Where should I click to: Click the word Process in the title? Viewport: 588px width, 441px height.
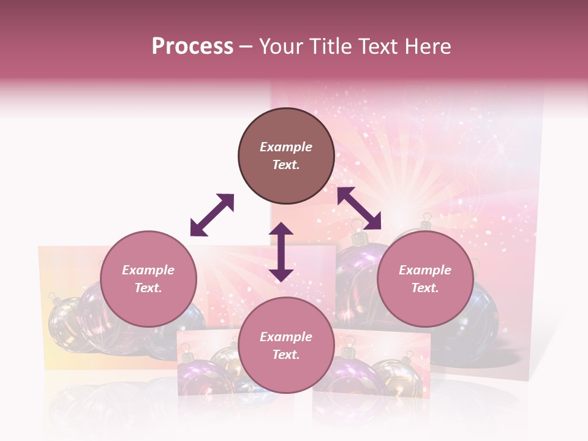[x=192, y=47]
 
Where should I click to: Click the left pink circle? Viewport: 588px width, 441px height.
[x=148, y=279]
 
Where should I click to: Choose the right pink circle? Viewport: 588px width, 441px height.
[x=425, y=279]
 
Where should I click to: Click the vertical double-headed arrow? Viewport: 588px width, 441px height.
[x=281, y=252]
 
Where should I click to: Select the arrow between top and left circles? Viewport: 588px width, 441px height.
[x=212, y=215]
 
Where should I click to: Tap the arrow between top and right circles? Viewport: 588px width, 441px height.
[x=359, y=208]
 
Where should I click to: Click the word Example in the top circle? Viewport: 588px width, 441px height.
[x=286, y=147]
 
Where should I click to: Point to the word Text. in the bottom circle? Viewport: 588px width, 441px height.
[x=286, y=355]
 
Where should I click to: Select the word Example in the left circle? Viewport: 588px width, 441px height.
[x=148, y=270]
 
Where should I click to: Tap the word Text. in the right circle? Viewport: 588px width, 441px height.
[x=425, y=288]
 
